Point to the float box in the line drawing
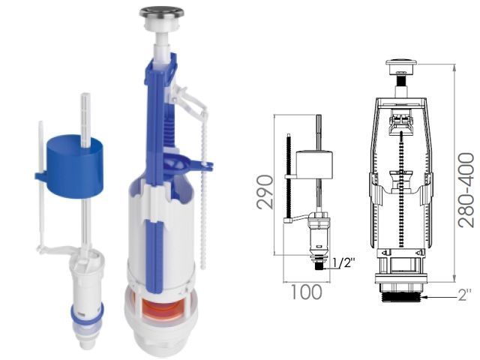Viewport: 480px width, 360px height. pyautogui.click(x=314, y=164)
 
